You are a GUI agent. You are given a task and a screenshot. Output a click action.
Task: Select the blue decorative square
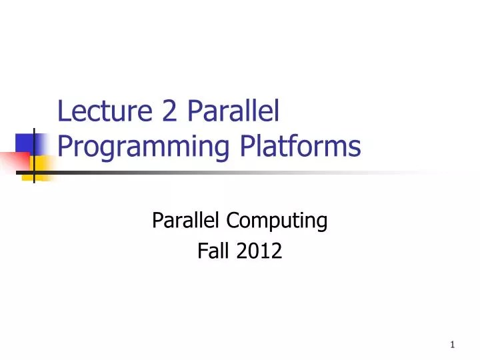point(24,143)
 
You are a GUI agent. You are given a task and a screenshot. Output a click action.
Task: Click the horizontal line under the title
point(200,173)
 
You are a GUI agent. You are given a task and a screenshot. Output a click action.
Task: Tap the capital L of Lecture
point(63,111)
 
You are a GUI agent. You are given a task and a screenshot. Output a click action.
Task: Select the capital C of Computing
point(233,220)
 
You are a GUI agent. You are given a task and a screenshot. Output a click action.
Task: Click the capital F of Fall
point(202,251)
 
